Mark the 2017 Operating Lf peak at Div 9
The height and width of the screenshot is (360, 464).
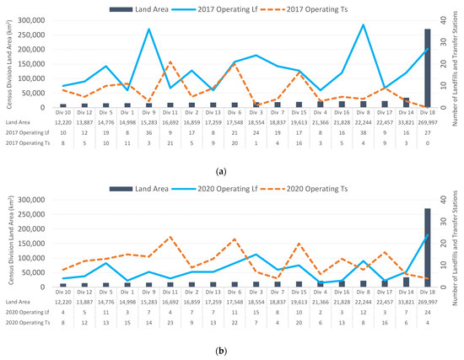[149, 30]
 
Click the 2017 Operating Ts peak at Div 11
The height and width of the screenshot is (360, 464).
[170, 62]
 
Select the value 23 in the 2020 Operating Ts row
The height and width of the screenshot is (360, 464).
[170, 322]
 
